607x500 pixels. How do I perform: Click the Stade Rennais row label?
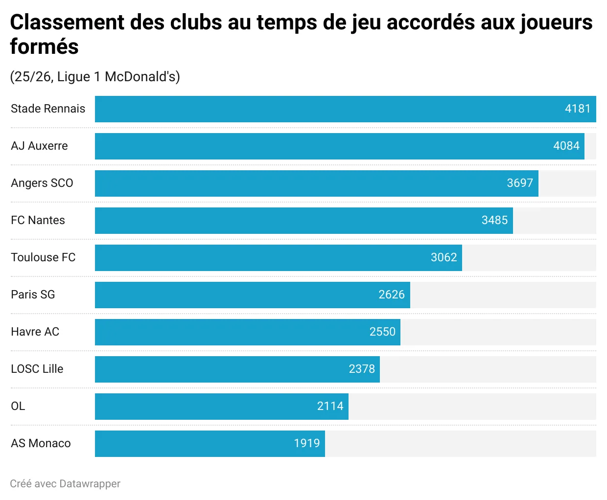pos(48,109)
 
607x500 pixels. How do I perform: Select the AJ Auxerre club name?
pos(39,146)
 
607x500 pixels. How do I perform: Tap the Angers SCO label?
pos(42,183)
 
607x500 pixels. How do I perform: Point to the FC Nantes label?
pos(38,220)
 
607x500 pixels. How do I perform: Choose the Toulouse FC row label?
pos(43,257)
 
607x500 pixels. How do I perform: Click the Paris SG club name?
pos(33,295)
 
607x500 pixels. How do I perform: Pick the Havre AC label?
pos(35,332)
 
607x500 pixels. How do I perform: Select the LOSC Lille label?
pos(37,369)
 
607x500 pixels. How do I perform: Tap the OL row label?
pos(18,406)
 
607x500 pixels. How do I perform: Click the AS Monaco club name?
pos(41,443)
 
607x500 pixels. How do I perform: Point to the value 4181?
pos(578,109)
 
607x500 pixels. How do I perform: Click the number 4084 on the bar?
pos(566,146)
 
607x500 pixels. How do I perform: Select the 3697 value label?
pos(519,183)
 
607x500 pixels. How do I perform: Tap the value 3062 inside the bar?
pos(444,257)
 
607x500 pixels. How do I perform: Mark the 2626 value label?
pos(391,295)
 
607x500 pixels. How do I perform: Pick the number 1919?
pos(306,443)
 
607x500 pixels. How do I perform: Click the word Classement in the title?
pos(67,23)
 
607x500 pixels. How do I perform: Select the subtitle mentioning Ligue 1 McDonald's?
pos(95,77)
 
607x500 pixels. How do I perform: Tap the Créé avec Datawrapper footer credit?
pos(65,484)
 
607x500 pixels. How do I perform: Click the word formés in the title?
pos(44,47)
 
